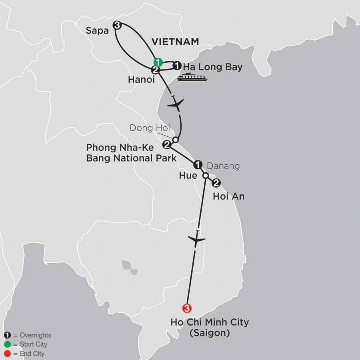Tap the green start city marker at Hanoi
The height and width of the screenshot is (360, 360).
point(158,62)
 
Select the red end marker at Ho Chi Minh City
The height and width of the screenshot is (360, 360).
point(186,308)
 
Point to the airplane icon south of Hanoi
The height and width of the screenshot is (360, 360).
point(176,105)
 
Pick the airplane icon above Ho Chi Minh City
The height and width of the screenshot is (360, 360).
point(196,240)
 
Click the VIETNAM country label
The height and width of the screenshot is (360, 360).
point(176,42)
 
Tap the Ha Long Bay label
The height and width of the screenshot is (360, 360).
point(213,67)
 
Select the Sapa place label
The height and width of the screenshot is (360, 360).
point(98,30)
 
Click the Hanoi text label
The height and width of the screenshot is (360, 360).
point(141,80)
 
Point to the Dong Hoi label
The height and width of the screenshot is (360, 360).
point(150,128)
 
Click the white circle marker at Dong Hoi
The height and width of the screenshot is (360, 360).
point(175,140)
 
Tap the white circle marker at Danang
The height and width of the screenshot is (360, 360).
point(206,176)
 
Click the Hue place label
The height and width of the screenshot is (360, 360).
point(188,176)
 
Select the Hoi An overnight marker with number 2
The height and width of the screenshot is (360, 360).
point(216,184)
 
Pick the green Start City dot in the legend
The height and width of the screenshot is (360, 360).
point(7,344)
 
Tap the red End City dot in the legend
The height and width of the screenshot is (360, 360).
point(7,354)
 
